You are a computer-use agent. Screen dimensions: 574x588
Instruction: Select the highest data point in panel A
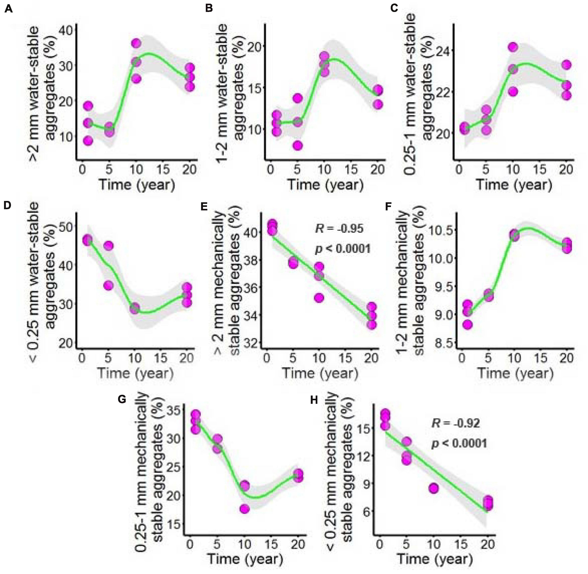click(136, 43)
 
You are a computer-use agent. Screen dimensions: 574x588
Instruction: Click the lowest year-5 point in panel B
click(298, 146)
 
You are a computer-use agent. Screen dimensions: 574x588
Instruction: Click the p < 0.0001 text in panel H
click(459, 443)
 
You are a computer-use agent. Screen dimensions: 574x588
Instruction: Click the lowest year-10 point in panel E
click(319, 298)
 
